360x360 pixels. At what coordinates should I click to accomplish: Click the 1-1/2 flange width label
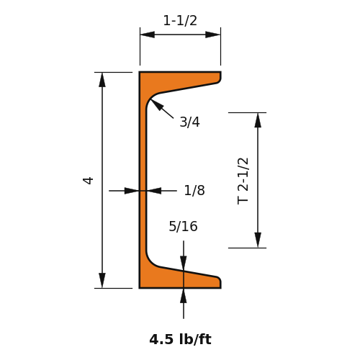coord(180,21)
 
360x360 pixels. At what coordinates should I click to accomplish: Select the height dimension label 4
coord(88,180)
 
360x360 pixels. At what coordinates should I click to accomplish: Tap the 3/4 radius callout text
coord(189,122)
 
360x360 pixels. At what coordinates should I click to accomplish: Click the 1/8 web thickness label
coord(194,191)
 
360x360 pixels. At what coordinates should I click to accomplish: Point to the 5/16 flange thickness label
coord(183,226)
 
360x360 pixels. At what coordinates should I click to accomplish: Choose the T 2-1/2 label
coord(243,181)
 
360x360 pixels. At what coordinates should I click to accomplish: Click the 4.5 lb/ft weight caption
coord(180,339)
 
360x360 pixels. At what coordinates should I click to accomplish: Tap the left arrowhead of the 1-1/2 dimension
coord(148,35)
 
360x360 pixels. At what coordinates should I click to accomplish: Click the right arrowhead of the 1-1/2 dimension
coord(213,35)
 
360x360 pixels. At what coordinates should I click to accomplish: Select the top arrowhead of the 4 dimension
coord(102,80)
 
